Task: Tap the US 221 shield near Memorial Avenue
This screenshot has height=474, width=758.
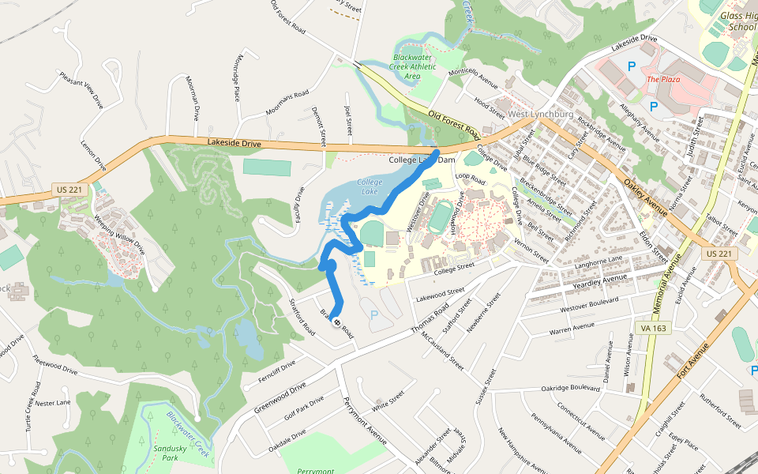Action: [717, 254]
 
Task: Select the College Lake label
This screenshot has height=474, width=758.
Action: [370, 186]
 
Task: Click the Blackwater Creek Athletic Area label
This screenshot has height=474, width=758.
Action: [414, 66]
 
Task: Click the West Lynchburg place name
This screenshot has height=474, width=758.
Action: [540, 115]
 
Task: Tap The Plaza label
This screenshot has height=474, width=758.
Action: [663, 79]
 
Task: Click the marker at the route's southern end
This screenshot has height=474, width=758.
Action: [337, 322]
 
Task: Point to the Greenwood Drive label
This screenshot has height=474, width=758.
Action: [280, 398]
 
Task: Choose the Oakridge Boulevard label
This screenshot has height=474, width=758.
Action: [571, 388]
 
